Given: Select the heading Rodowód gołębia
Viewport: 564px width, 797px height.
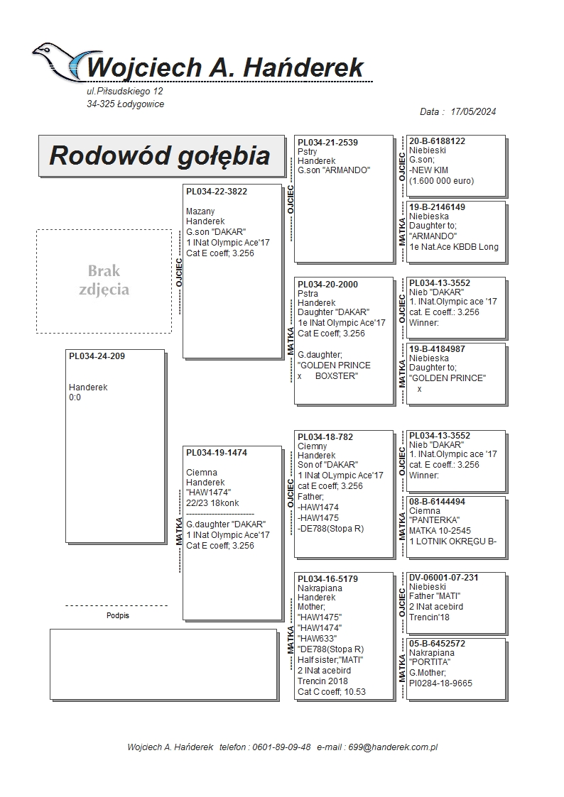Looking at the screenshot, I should [x=159, y=155].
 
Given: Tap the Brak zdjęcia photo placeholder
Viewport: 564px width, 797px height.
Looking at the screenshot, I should [x=104, y=280].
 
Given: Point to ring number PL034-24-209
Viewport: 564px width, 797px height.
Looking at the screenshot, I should [x=97, y=356].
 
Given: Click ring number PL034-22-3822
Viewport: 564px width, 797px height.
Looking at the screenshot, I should [x=217, y=192].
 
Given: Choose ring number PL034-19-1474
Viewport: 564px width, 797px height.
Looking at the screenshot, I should [x=217, y=453].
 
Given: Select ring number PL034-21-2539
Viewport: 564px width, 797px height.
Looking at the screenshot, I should [x=327, y=143].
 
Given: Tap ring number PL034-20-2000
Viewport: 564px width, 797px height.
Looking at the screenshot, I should [x=327, y=285].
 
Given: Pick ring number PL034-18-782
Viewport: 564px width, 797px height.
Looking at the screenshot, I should [x=325, y=437].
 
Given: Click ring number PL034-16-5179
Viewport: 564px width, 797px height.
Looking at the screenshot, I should [x=327, y=579].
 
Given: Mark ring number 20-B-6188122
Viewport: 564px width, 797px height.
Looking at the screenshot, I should [x=437, y=141].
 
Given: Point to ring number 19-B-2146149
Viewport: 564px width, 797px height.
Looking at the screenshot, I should [x=438, y=207].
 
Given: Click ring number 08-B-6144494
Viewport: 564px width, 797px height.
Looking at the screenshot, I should [x=437, y=502].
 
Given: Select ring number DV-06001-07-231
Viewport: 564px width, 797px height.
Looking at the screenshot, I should [x=444, y=578].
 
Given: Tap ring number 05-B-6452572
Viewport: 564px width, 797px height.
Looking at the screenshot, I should [x=437, y=644].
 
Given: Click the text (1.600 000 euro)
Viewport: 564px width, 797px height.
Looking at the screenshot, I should [x=441, y=181].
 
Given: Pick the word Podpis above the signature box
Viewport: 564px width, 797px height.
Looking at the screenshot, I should [x=117, y=616].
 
